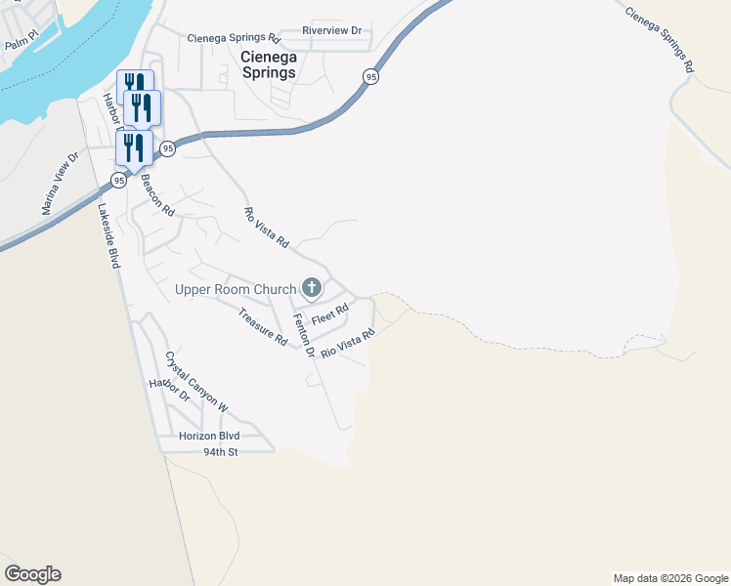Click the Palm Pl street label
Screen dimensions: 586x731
click(x=21, y=44)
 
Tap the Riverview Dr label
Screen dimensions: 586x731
click(x=332, y=30)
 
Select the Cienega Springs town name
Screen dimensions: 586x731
click(x=268, y=64)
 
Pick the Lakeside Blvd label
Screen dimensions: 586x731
click(x=108, y=237)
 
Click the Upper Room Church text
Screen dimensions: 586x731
click(x=235, y=289)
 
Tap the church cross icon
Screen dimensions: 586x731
click(x=312, y=287)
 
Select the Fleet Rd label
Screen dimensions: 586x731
click(x=330, y=316)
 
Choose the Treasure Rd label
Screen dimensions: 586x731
click(x=263, y=327)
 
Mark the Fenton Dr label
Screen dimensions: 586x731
click(x=305, y=338)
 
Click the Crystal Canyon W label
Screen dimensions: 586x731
click(x=196, y=382)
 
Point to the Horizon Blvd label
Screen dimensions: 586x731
click(x=209, y=436)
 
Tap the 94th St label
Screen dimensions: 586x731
click(x=221, y=452)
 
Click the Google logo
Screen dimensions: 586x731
click(x=32, y=574)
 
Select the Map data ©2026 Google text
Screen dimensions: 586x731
click(x=670, y=578)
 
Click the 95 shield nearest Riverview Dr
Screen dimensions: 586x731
click(x=369, y=76)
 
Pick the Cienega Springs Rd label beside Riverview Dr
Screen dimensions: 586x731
click(x=234, y=39)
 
